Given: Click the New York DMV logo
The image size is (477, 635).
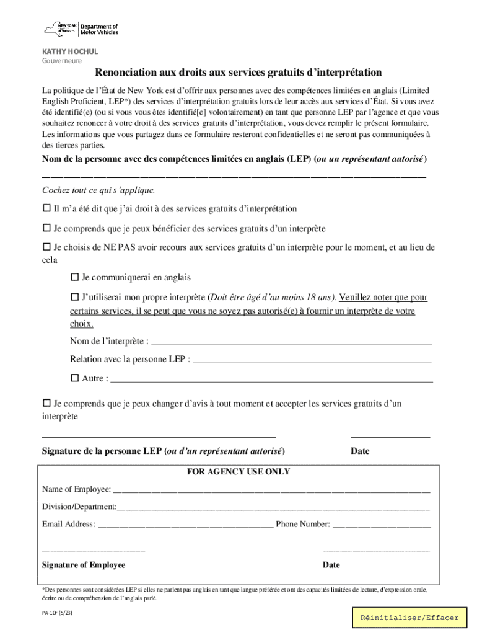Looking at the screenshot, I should (81, 29).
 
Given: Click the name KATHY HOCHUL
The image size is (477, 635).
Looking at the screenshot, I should (69, 51).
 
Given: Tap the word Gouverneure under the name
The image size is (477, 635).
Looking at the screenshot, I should (61, 61).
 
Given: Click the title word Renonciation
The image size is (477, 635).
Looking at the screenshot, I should (128, 73).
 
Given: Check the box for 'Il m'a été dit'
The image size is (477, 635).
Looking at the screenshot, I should (46, 209).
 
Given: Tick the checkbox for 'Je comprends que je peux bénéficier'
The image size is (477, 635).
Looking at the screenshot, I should (46, 228).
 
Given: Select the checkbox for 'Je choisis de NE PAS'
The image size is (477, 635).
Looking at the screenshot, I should (46, 247).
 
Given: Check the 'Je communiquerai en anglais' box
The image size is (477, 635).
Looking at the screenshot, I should (75, 277).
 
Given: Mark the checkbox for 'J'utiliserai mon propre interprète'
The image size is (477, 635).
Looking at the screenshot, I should (75, 297).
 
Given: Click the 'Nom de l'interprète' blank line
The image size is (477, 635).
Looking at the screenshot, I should (291, 341).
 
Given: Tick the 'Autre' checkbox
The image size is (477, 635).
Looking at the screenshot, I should (75, 378).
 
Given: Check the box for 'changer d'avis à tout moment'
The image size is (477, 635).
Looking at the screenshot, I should (46, 404).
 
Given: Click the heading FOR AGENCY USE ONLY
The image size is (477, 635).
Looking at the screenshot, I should (239, 472).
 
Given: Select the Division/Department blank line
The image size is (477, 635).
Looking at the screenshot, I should (273, 507).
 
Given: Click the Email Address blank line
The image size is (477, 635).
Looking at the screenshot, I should (185, 525).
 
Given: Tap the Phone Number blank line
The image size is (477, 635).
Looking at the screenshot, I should (381, 525).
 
